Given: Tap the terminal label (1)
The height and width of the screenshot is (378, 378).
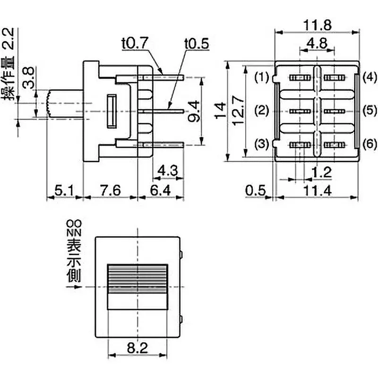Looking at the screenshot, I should point(261,77).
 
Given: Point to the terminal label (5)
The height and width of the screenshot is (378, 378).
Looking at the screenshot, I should point(369,111).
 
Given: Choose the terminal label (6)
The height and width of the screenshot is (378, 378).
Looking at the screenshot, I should point(369,144).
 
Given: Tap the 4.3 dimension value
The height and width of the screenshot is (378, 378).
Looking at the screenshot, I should point(168,170).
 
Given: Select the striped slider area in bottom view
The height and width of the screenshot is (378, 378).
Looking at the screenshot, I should point(137,279).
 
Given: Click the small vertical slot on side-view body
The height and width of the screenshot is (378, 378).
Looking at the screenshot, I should point(112,112).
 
